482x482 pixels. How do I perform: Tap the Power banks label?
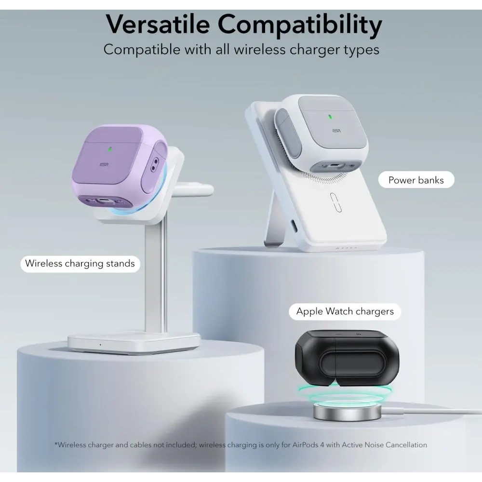pos(415,180)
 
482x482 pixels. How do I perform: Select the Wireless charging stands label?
pos(80,263)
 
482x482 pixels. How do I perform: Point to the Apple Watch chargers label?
pos(345,311)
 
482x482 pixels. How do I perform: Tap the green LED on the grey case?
pos(330,116)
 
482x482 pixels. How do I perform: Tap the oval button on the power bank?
pos(335,202)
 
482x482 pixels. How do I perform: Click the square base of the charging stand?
pos(134,342)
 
